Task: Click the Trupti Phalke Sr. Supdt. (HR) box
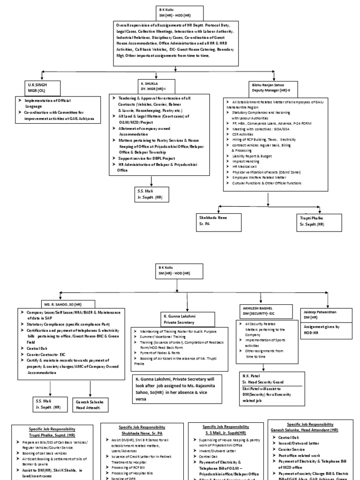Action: click(318, 221)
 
